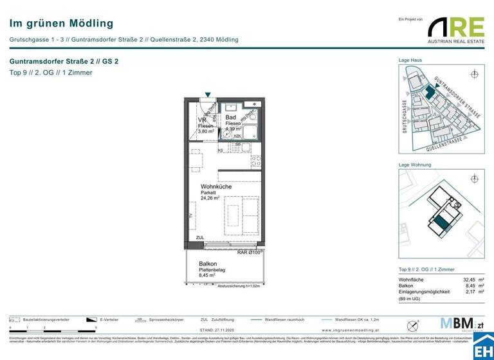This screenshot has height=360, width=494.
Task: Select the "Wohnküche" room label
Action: click(215, 186)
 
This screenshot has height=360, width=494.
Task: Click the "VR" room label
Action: click(202, 120)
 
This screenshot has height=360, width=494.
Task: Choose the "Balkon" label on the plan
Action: click(207, 264)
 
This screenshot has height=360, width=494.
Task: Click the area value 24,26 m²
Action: click(210, 199)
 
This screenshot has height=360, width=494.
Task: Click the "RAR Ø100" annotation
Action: click(249, 253)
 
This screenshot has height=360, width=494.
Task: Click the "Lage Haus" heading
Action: click(410, 60)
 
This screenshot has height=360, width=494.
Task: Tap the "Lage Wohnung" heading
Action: click(415, 165)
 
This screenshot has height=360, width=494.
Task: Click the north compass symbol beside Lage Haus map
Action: click(475, 74)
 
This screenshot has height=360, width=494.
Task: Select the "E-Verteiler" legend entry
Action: click(109, 319)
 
